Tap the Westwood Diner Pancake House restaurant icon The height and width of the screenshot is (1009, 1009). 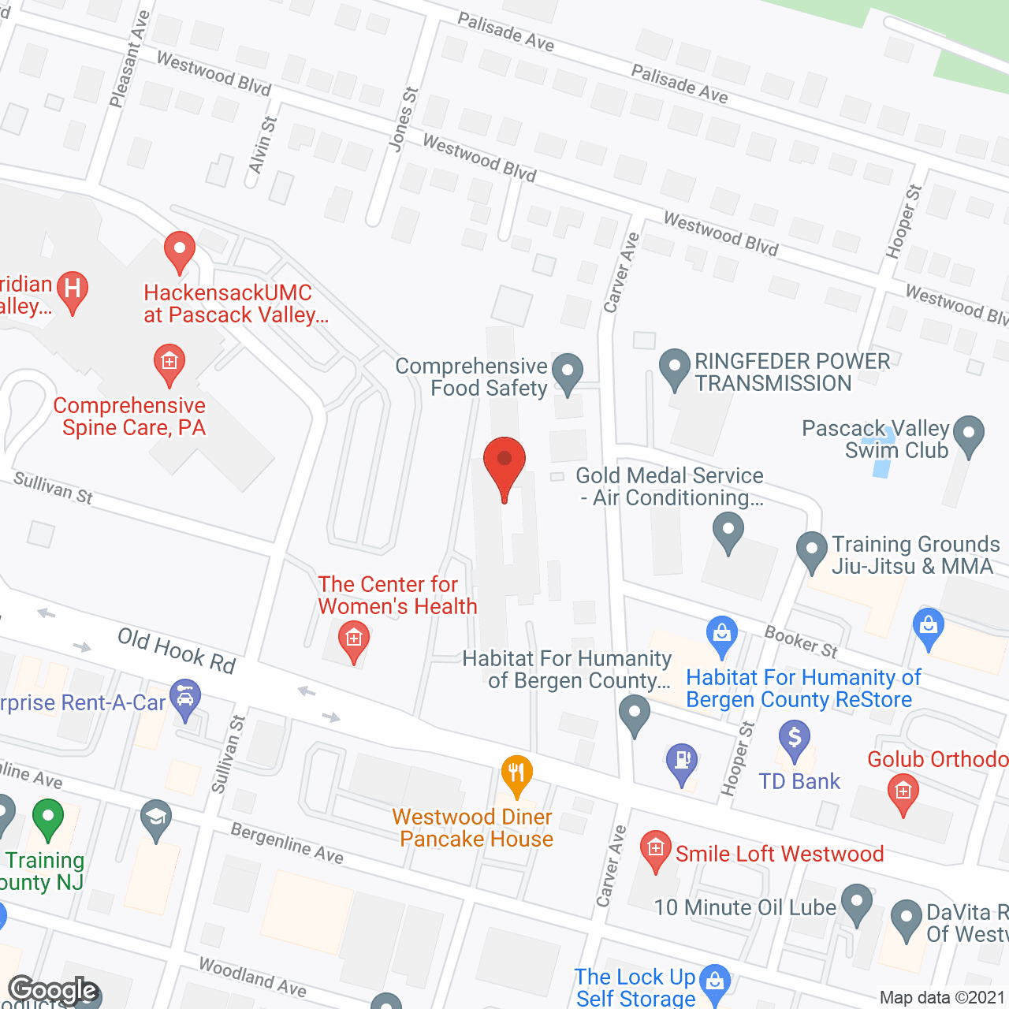pyautogui.click(x=516, y=774)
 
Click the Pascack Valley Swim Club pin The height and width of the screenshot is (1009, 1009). pyautogui.click(x=969, y=435)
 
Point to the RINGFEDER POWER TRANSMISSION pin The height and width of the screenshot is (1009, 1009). pyautogui.click(x=674, y=368)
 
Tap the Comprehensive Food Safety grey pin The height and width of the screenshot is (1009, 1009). pyautogui.click(x=567, y=372)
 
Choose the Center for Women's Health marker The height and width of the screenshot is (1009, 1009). pyautogui.click(x=354, y=640)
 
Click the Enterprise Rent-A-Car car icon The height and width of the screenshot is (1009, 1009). pyautogui.click(x=185, y=699)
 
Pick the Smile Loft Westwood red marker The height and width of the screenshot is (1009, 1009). pyautogui.click(x=655, y=850)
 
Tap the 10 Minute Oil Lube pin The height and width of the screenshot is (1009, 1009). pyautogui.click(x=857, y=903)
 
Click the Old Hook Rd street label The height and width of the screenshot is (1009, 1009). pyautogui.click(x=177, y=651)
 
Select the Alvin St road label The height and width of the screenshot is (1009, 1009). pyautogui.click(x=262, y=145)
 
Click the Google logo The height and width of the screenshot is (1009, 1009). pyautogui.click(x=54, y=990)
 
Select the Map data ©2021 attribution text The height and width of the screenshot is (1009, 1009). pyautogui.click(x=942, y=998)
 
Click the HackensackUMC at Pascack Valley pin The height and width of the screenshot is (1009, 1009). pyautogui.click(x=180, y=251)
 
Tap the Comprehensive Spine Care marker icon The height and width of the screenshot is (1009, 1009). pyautogui.click(x=169, y=364)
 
